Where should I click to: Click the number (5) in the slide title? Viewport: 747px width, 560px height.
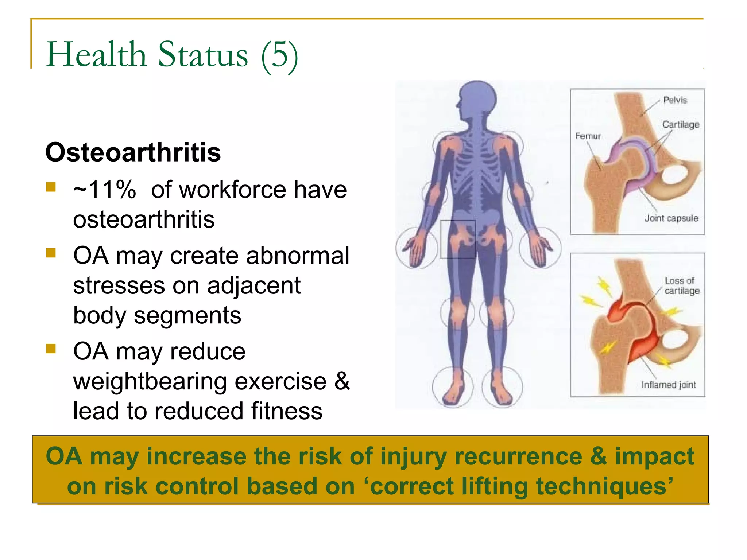280,55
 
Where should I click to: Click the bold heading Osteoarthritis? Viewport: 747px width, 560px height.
133,152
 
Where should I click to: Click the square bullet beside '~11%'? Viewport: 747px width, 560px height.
51,187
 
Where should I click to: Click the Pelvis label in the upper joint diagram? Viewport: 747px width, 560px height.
675,100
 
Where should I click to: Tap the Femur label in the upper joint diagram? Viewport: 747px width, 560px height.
588,136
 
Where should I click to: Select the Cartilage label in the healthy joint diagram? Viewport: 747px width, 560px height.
681,125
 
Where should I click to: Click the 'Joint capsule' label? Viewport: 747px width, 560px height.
671,218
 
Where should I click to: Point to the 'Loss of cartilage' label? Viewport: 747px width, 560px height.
681,285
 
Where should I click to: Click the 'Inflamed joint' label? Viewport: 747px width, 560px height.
669,385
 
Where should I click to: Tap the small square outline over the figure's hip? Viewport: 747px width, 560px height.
458,239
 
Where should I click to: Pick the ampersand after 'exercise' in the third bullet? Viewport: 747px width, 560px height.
342,381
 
